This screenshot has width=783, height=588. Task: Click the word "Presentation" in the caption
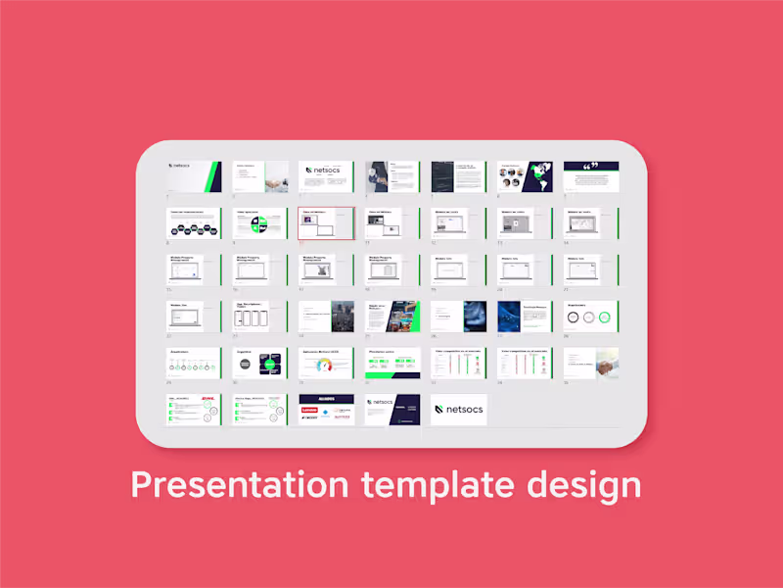coord(240,484)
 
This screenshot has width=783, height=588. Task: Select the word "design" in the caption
coord(588,484)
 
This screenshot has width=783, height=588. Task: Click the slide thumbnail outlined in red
coord(326,223)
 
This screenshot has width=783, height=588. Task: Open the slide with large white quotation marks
coord(591,177)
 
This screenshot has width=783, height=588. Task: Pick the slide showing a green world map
coord(525,177)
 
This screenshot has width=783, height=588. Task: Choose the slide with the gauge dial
coord(326,364)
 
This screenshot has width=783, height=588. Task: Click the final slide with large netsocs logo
coord(458,410)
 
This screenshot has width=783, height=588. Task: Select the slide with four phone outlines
coord(260,317)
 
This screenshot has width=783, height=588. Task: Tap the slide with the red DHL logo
coord(194,410)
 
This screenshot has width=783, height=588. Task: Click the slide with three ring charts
coord(591,317)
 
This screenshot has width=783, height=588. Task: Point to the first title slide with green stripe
coord(194,177)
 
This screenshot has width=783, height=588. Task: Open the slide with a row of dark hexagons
coord(194,223)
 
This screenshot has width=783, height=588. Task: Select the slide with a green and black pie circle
coord(260,223)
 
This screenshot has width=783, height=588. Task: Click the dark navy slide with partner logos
coord(326,410)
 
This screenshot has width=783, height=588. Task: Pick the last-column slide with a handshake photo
coord(591,364)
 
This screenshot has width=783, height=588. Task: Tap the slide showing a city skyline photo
coord(326,317)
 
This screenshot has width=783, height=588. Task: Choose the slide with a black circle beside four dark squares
coord(260,364)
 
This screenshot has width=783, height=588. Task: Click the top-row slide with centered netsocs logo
coord(326,177)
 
